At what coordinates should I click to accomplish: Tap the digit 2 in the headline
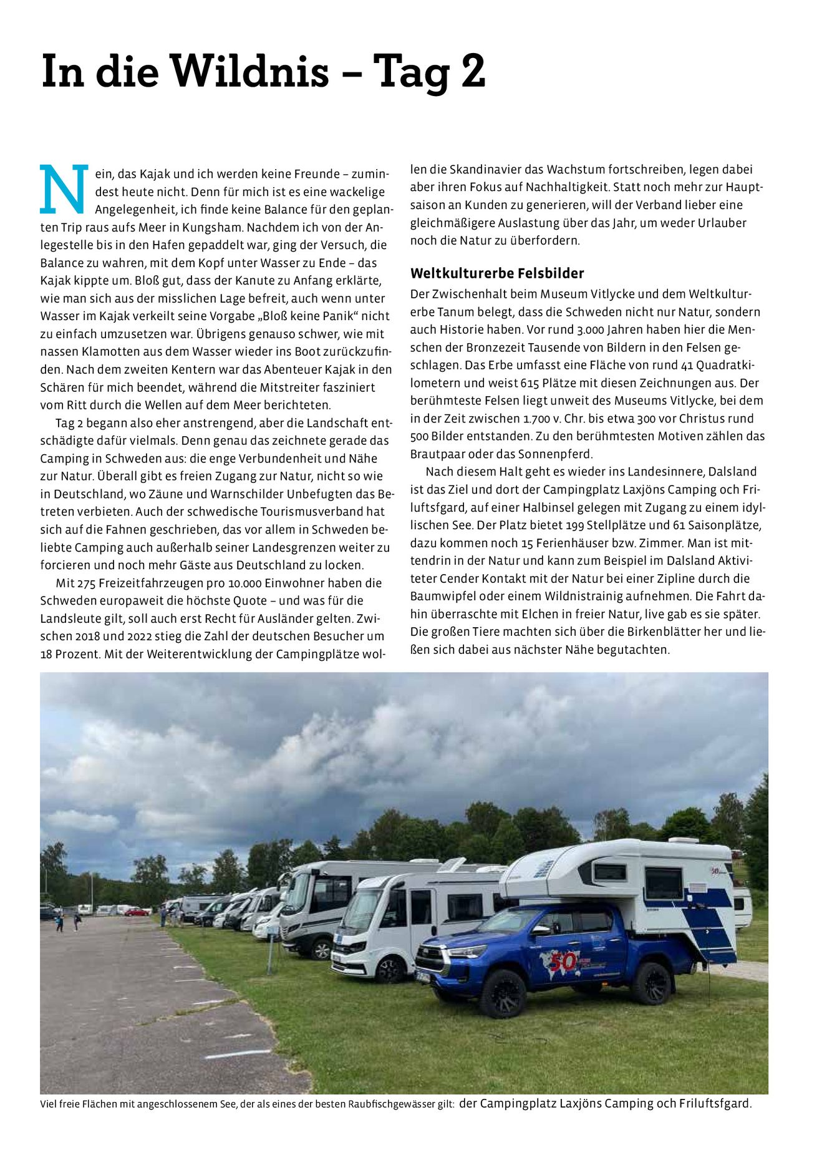tap(473, 71)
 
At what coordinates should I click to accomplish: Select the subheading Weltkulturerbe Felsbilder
tap(497, 273)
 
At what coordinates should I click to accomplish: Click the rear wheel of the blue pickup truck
tap(651, 984)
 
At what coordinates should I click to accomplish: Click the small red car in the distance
tap(136, 912)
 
